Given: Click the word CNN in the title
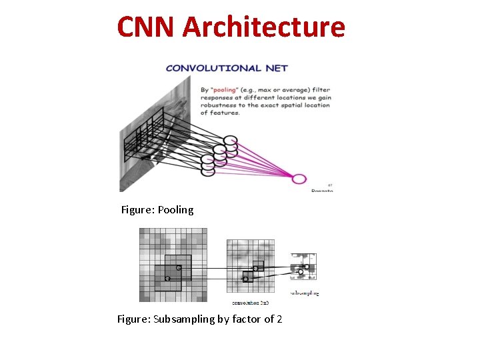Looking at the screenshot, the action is pyautogui.click(x=146, y=27).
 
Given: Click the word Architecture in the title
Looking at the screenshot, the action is pyautogui.click(x=263, y=27).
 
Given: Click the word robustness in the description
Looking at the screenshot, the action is pyautogui.click(x=223, y=105).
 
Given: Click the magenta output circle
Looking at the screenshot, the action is pyautogui.click(x=299, y=179).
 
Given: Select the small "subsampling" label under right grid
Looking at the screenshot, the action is pyautogui.click(x=305, y=293).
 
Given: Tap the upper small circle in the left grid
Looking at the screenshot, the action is pyautogui.click(x=178, y=268).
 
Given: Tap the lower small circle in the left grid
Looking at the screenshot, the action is pyautogui.click(x=167, y=278).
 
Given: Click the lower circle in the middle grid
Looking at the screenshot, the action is pyautogui.click(x=245, y=279).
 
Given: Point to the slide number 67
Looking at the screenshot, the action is pyautogui.click(x=330, y=184).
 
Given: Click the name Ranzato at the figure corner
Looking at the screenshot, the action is pyautogui.click(x=322, y=191).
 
